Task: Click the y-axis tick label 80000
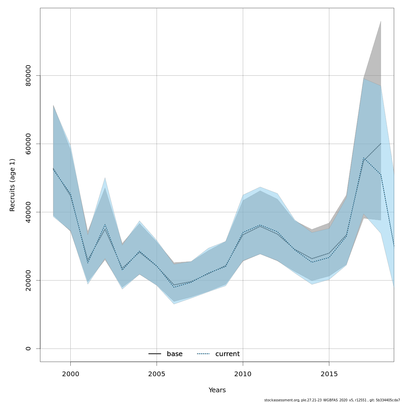coord(28,75)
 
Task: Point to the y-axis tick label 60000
coord(28,144)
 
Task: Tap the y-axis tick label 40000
coord(28,212)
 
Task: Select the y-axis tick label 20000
coord(28,280)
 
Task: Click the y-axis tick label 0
coord(28,348)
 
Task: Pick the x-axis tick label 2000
coord(70,374)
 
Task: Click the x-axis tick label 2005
coord(157,374)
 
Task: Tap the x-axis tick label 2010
coord(243,374)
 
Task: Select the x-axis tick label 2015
coord(329,374)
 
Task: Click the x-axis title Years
coord(217,390)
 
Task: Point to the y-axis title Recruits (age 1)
coord(12,185)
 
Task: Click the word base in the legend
coord(175,354)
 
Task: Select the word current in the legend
coord(227,354)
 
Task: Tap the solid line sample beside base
coord(155,354)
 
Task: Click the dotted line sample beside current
coord(203,354)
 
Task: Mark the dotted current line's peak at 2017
coord(363,158)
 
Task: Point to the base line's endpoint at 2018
coord(381,143)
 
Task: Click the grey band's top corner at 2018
coord(381,21)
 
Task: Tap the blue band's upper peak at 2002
coord(105,178)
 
